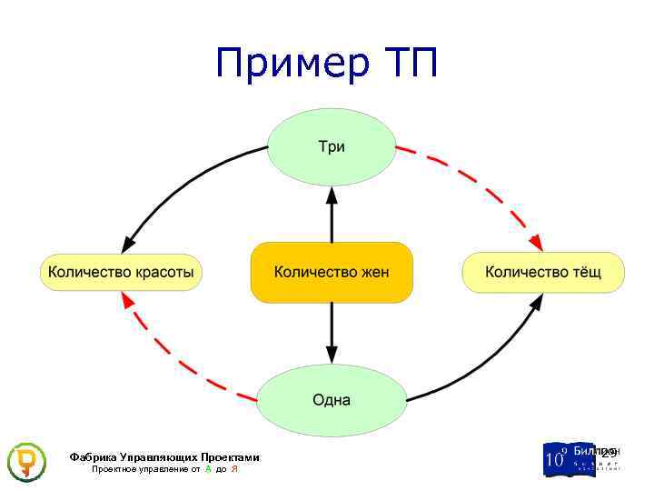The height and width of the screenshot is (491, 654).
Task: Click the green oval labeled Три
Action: point(332,146)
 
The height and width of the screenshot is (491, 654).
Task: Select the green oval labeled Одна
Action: point(332,400)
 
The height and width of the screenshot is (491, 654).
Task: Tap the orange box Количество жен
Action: point(332,272)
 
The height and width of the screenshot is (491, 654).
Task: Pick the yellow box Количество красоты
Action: point(121,272)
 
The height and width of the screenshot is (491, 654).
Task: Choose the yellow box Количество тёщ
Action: point(543,272)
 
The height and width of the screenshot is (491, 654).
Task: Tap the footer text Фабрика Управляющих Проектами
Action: point(164,457)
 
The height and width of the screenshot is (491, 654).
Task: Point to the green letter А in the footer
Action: point(208,469)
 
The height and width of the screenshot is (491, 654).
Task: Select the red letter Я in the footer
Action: point(234,469)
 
